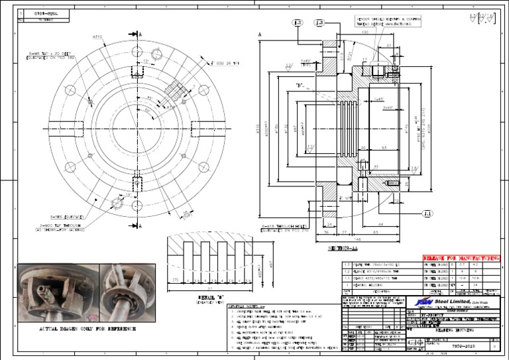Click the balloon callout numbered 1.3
pos(319,23)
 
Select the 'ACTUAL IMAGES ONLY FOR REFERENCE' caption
pos(79,329)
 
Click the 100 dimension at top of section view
pos(365,31)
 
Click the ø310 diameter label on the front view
pos(97,37)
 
